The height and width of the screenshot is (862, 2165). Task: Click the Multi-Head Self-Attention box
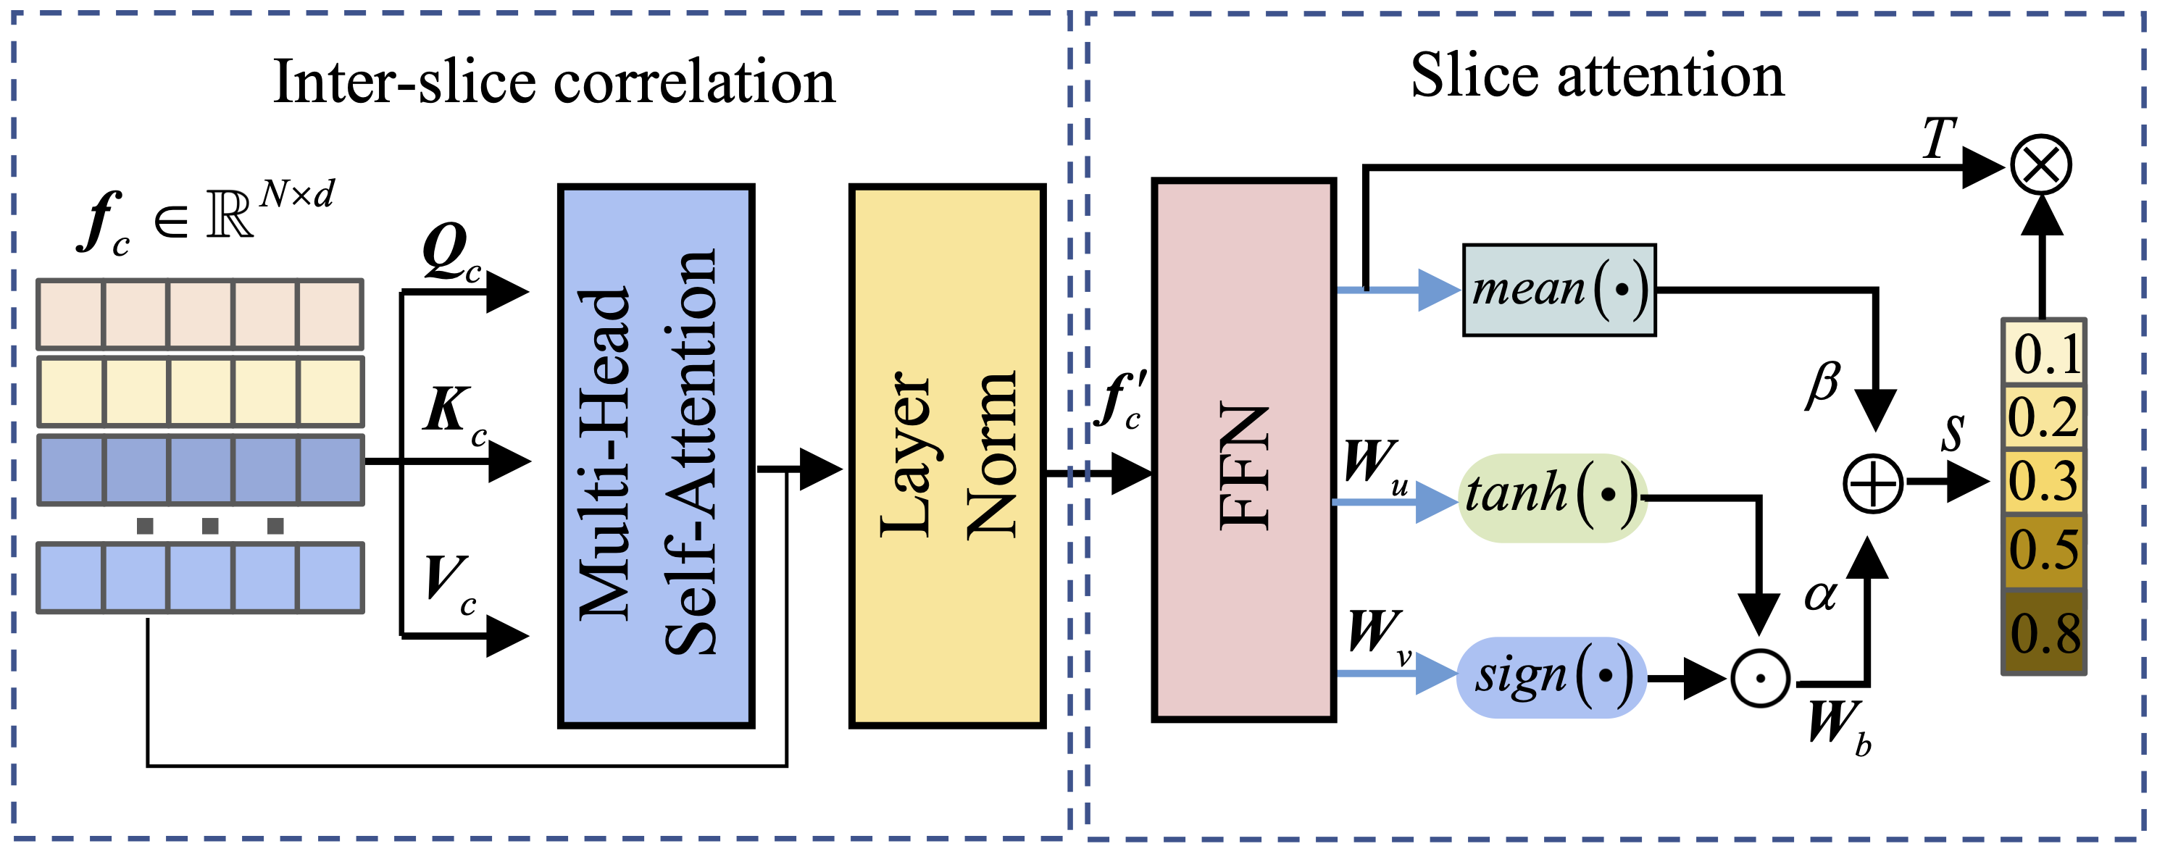pos(656,456)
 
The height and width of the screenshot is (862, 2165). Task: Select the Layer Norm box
pos(947,456)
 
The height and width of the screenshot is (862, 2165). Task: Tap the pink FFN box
pos(1244,450)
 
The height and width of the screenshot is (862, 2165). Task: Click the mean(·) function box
pos(1559,290)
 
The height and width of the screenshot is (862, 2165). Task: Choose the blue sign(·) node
pos(1551,677)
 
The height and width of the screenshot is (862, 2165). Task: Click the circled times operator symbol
pos(2041,164)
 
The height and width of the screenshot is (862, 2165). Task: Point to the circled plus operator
pos(1872,483)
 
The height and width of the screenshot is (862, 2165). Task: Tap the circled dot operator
pos(1760,678)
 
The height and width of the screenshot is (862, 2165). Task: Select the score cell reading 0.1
pos(2044,353)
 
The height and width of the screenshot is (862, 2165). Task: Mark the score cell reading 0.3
pos(2044,482)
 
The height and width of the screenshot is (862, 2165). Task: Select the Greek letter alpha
pos(1820,595)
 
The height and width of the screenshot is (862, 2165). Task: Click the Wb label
pos(1839,726)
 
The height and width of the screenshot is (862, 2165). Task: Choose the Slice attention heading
pos(1597,75)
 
